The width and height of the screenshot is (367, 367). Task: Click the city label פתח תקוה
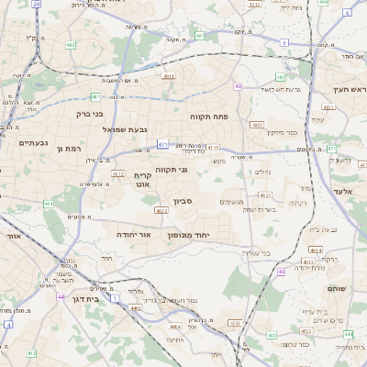(x=207, y=117)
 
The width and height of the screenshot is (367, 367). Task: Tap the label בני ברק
(x=88, y=115)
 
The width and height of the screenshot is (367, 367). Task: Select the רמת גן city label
(x=70, y=149)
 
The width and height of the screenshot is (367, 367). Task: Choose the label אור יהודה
(x=133, y=235)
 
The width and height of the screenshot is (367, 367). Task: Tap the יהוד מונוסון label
(x=189, y=236)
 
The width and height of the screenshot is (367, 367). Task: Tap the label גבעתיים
(x=33, y=142)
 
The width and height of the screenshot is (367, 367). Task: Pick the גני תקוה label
(x=171, y=169)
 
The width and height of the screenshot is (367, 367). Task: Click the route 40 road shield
(x=238, y=86)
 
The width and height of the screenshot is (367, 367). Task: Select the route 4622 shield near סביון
(x=161, y=211)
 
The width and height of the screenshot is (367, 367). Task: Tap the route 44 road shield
(x=61, y=297)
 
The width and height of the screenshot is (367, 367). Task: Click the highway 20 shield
(x=36, y=5)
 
